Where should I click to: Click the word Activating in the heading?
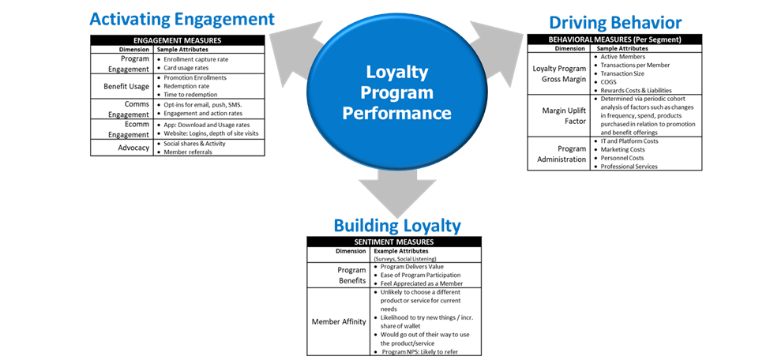coord(127,20)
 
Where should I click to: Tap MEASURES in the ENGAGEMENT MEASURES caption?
coord(205,40)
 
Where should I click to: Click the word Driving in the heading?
coord(577,22)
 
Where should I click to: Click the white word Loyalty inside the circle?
coord(396,73)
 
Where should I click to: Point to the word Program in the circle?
coord(396,92)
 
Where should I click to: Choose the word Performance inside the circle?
coord(396,113)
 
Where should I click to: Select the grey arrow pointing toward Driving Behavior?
coord(498,50)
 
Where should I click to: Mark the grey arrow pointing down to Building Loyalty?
coord(396,189)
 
